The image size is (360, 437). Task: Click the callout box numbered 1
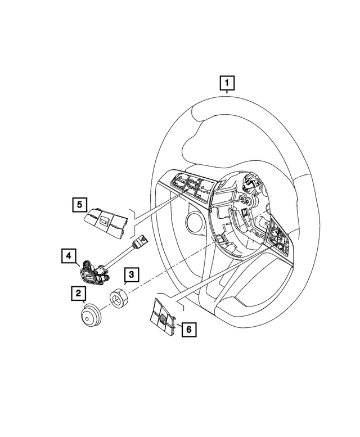pos(227,85)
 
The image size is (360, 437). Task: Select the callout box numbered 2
pos(78,293)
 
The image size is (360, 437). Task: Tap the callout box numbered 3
pos(130,275)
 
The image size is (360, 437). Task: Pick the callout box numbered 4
pos(69,257)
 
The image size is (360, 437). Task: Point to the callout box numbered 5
pos(79,204)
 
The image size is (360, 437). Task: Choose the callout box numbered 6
pos(190,330)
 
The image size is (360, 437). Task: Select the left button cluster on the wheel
pos(186,186)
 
